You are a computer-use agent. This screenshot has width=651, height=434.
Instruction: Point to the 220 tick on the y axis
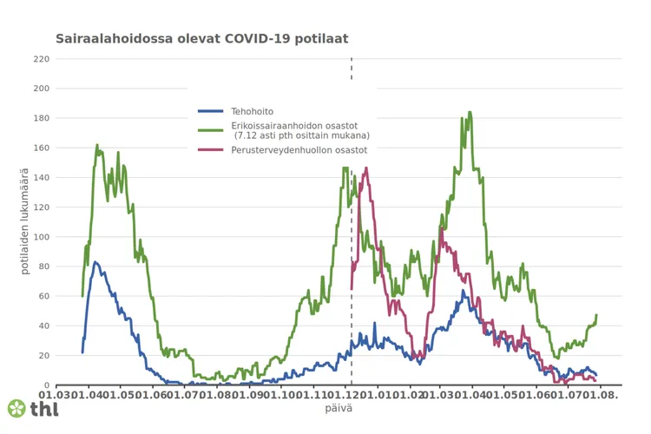pos(41,59)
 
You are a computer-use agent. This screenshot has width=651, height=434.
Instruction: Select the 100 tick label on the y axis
pos(41,237)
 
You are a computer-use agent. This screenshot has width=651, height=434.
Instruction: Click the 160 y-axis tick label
pos(41,148)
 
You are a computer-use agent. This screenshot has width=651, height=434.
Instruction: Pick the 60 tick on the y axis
pos(43,296)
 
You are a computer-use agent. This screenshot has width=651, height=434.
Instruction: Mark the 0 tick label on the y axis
pos(46,385)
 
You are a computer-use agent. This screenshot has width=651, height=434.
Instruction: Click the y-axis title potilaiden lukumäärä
pos(25,222)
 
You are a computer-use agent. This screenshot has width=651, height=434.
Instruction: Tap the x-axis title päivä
pos(339,407)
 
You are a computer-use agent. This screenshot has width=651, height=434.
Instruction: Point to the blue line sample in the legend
pos(212,111)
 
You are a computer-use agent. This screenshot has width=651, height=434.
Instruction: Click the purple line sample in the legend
pos(212,150)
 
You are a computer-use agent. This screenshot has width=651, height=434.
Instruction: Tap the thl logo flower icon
pos(16,408)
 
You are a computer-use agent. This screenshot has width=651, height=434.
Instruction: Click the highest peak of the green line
pos(470,112)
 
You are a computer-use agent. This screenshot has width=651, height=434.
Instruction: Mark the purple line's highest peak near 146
pos(366,168)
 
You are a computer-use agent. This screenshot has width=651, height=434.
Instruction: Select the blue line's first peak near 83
pos(95,261)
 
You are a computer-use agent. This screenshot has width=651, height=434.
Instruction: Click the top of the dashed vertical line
pos(351,60)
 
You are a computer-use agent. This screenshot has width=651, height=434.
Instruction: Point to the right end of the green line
pos(596,315)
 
